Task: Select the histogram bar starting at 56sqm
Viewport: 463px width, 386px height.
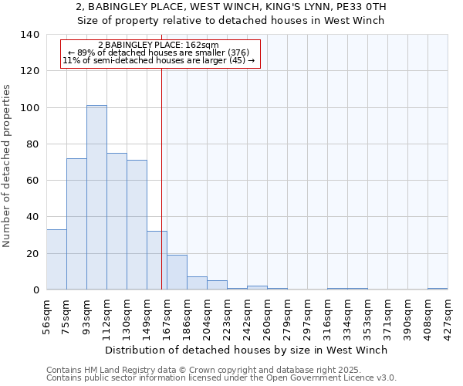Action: point(56,259)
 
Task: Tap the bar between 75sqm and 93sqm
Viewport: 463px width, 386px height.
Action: point(76,224)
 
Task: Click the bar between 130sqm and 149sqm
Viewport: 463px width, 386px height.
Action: point(137,225)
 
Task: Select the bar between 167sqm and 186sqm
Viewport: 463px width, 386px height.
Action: point(177,273)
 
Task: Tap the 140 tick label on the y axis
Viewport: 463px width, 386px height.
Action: point(30,35)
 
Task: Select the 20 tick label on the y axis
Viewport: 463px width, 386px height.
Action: point(33,253)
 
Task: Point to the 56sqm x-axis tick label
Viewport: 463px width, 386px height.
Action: point(46,315)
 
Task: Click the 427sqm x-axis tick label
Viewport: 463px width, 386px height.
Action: point(448,315)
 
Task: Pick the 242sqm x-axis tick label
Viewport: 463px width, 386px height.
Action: point(247,315)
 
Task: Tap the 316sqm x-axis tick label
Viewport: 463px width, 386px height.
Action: point(327,315)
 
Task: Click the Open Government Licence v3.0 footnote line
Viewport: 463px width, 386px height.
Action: point(221,378)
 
